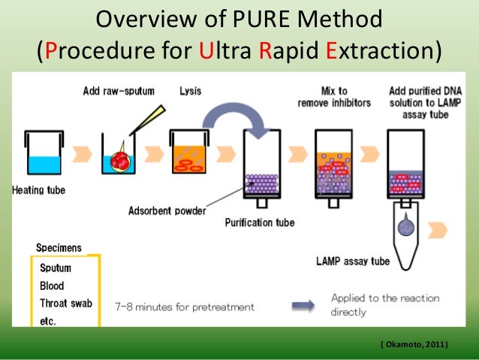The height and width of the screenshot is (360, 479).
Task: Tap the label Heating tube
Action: tap(38, 190)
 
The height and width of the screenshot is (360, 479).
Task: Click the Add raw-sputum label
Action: tap(119, 92)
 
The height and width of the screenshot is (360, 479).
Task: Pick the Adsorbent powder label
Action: tap(169, 211)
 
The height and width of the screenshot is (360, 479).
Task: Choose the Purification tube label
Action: tap(261, 222)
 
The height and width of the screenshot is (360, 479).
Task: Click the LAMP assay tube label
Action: tap(351, 262)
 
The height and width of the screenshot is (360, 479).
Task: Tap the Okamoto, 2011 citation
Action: tap(414, 344)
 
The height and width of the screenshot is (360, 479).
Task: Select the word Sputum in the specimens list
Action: tap(56, 268)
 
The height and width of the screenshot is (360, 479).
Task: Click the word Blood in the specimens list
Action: tap(53, 286)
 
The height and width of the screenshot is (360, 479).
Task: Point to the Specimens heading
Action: tap(59, 248)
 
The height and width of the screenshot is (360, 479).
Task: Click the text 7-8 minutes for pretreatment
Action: tap(185, 307)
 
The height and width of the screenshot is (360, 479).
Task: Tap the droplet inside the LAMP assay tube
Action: tap(408, 225)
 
